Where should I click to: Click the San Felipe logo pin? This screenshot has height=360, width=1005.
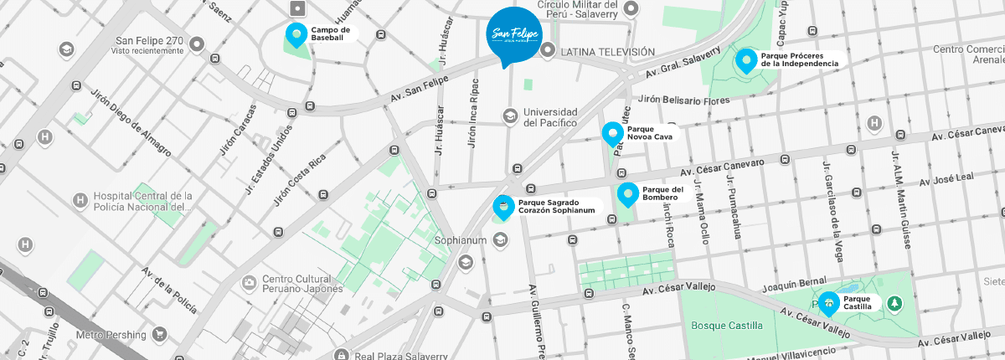(513, 33)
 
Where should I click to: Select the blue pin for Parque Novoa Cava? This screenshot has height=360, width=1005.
(613, 133)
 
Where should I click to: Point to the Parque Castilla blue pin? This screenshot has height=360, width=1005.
(829, 303)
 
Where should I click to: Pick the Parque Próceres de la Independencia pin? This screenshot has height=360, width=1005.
(745, 60)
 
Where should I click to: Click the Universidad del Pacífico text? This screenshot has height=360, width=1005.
(550, 117)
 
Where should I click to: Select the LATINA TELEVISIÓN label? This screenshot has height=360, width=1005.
(607, 52)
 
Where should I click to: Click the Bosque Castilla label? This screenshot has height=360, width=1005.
(727, 325)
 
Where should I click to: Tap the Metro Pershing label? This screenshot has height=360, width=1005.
(112, 335)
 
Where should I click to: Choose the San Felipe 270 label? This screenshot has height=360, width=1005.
(149, 40)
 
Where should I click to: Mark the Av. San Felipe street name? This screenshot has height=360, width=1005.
(420, 86)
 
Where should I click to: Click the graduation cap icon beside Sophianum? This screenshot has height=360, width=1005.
(500, 241)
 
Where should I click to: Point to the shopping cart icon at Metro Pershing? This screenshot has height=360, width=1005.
(159, 335)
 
